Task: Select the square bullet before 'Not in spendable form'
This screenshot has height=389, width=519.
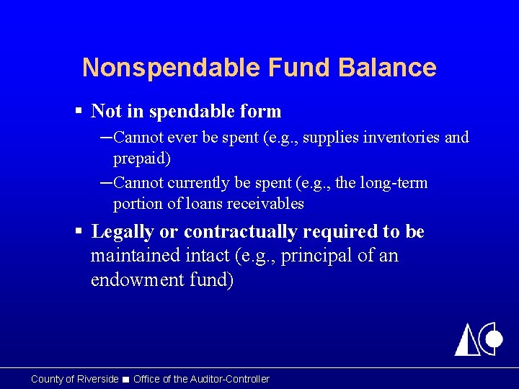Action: pos(80,112)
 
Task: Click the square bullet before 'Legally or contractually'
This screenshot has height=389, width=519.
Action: pos(80,232)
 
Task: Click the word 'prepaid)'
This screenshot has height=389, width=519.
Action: pos(141,158)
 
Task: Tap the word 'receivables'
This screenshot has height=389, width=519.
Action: pos(265,204)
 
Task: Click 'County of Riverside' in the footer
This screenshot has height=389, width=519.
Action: pos(74,379)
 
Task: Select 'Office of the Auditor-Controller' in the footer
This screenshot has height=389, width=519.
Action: pos(201,379)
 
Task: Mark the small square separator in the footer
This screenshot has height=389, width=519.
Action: pos(126,380)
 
